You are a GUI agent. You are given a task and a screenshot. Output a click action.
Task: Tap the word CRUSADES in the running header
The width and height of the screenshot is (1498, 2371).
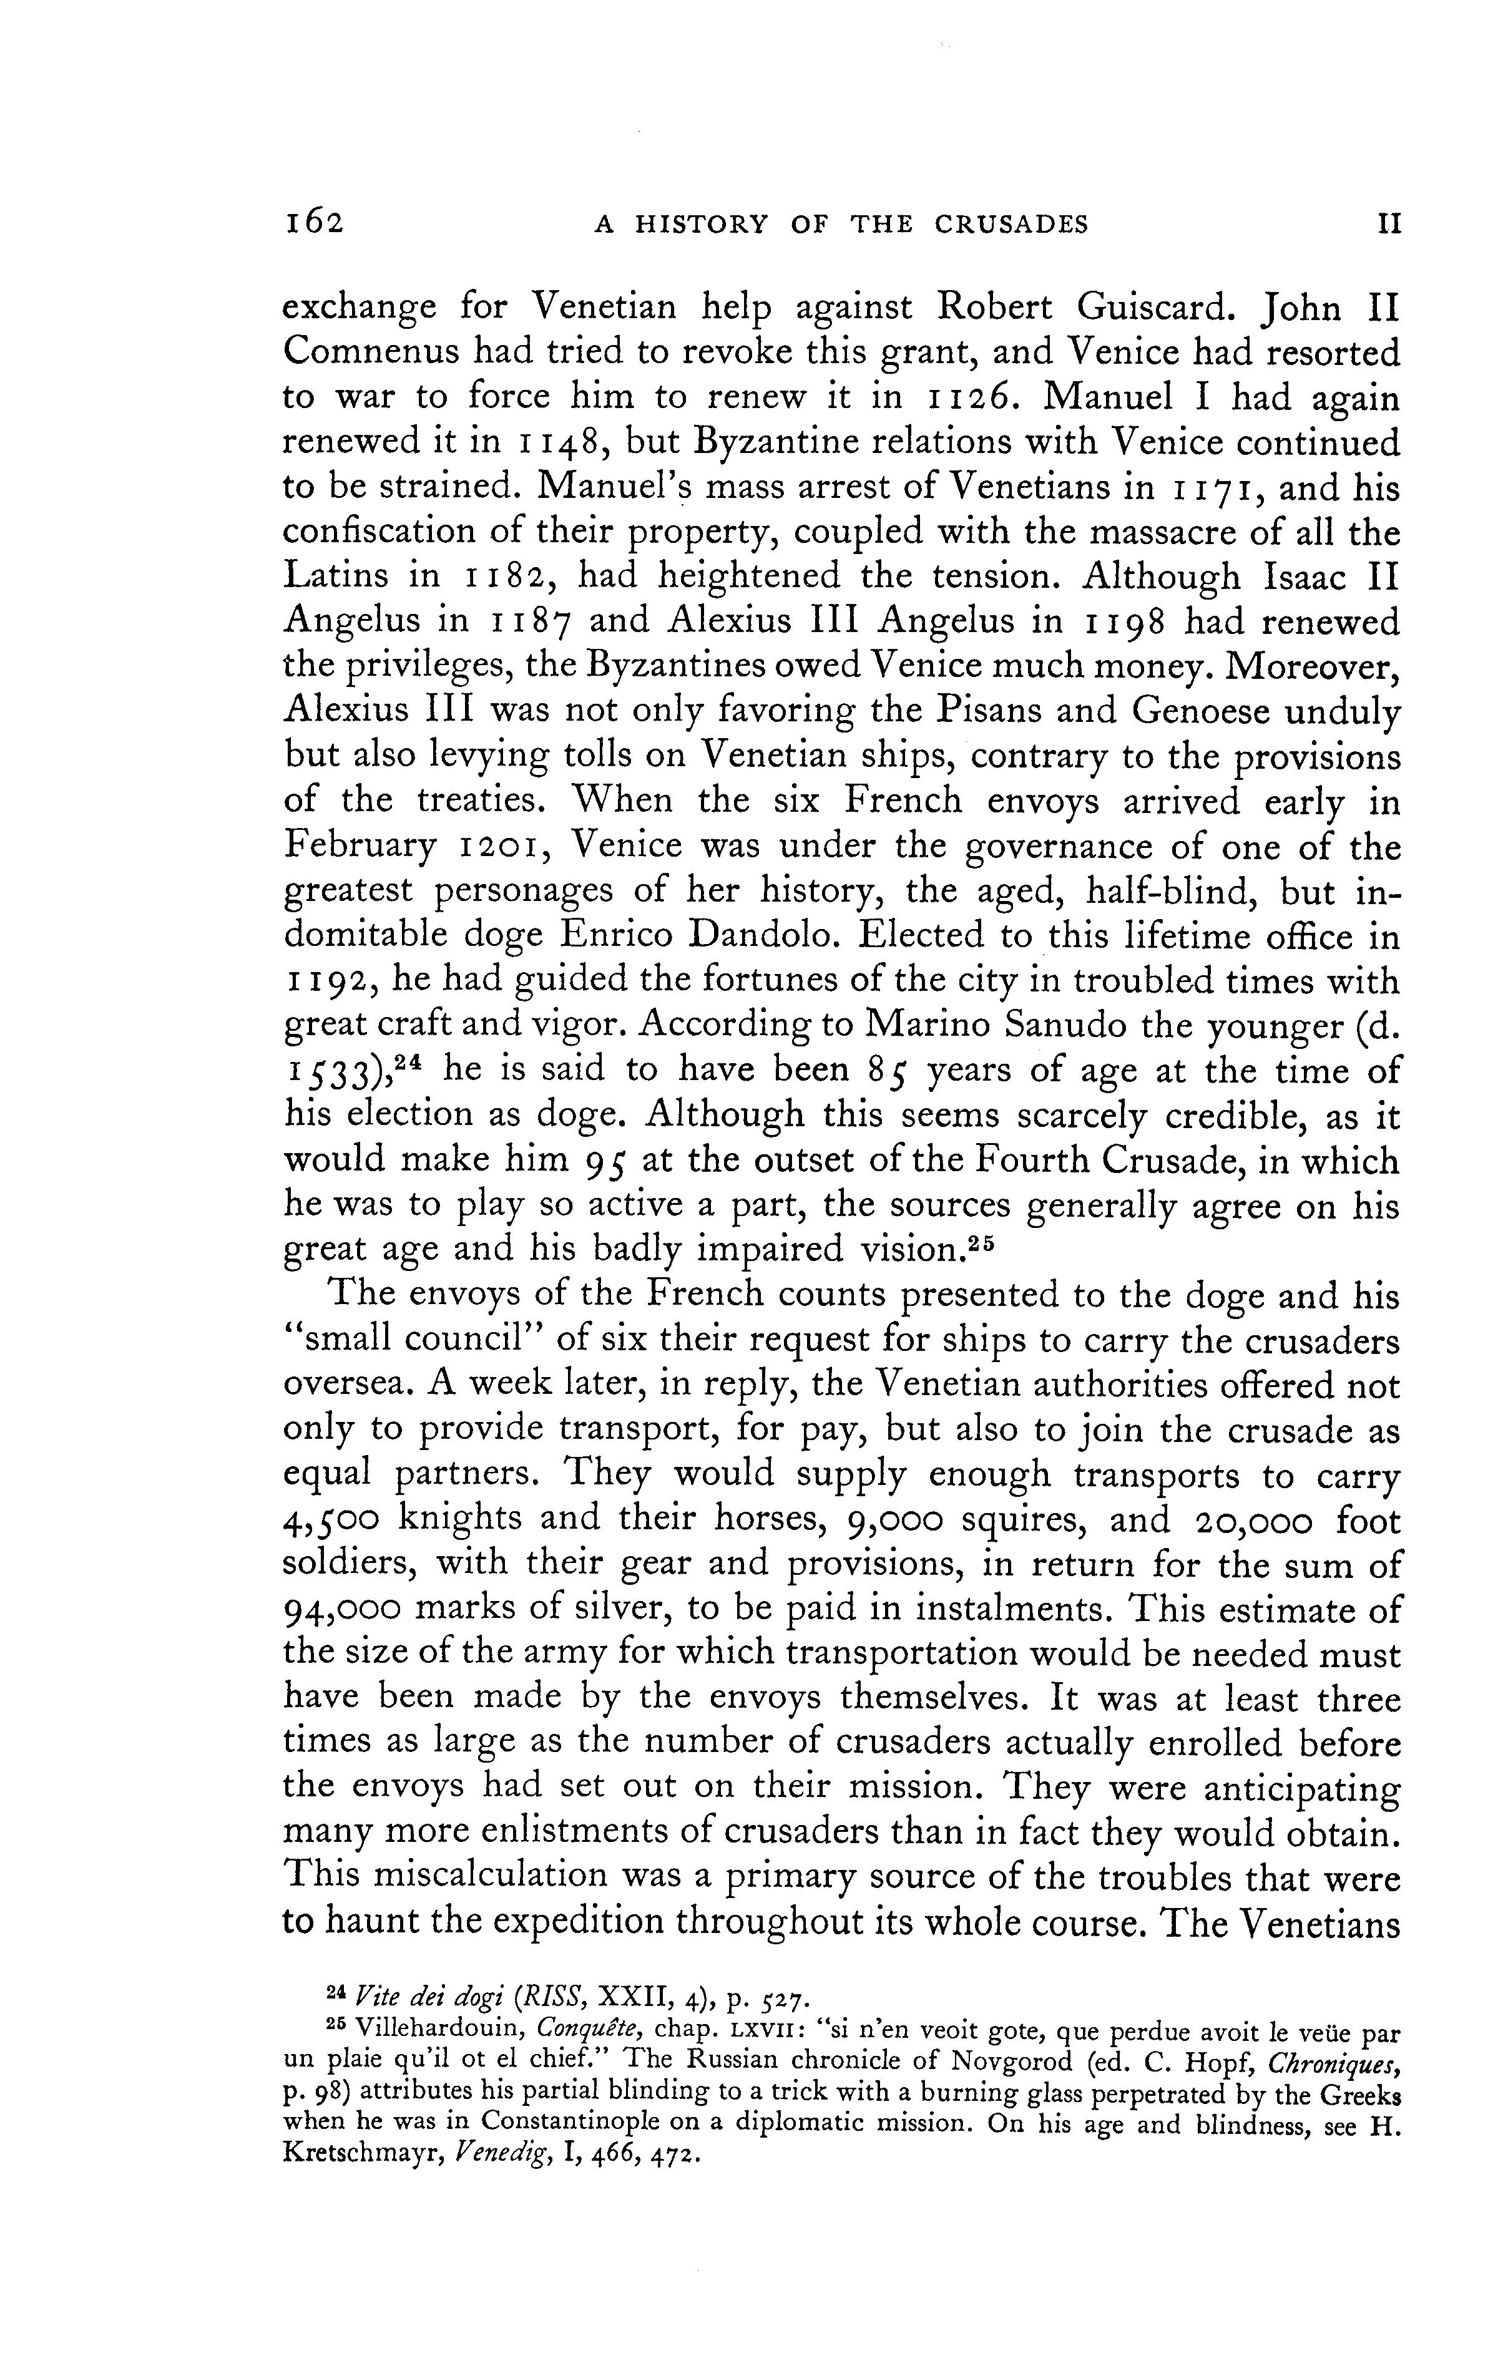coord(1012,225)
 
